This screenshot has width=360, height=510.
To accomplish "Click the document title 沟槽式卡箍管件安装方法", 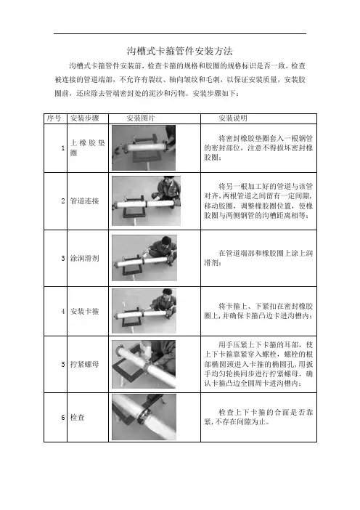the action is tap(180, 51).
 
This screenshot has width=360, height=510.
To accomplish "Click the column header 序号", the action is tap(54, 118).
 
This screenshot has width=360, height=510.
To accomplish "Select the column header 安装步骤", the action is tap(85, 118).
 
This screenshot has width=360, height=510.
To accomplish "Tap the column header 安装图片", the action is tap(141, 118).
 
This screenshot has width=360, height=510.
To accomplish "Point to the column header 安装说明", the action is tap(233, 118).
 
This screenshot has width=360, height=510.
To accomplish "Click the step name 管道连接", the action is tap(84, 201).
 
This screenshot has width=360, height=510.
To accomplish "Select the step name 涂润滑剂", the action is tap(84, 258).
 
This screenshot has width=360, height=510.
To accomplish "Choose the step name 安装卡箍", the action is tap(84, 311).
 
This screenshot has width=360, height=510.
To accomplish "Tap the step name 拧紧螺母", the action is tap(84, 364).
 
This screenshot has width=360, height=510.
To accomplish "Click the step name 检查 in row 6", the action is tap(78, 417).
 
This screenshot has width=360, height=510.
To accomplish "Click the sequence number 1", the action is tap(63, 148).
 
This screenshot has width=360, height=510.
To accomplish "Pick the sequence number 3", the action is tap(63, 258).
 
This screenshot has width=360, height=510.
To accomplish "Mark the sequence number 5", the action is tap(63, 364).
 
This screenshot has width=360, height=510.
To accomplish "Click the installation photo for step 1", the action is tap(144, 148).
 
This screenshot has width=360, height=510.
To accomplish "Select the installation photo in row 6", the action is tap(144, 417).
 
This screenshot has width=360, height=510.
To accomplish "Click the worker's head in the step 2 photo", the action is tap(167, 180).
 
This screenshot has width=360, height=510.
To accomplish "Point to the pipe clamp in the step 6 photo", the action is tap(144, 417).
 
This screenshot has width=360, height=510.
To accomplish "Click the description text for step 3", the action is tap(258, 258).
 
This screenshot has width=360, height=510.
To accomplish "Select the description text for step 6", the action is tap(258, 417).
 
